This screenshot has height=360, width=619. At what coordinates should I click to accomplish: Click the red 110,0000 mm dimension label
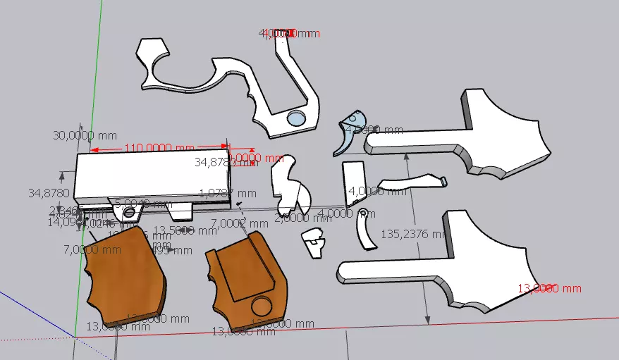pos(159,148)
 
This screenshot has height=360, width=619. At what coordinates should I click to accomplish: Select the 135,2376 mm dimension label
pos(412,233)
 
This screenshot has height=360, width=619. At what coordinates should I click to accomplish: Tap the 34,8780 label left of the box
pos(49,192)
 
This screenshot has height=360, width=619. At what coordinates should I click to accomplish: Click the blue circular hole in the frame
pos(298,119)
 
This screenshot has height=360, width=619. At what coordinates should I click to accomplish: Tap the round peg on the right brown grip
pos(262,305)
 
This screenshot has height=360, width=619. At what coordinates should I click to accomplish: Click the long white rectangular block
pos(152,175)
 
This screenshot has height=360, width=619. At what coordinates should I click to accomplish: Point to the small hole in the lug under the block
pos(128,212)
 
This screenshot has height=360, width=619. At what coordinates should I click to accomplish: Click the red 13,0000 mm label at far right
pos(550,288)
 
